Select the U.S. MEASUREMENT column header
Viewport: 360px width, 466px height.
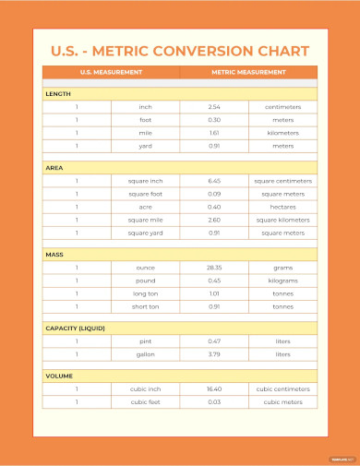coord(111,72)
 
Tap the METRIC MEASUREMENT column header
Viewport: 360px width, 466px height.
coord(247,72)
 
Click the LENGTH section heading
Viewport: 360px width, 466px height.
coord(58,93)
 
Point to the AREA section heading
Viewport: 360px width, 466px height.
coord(54,167)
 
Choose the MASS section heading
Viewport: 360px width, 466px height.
coord(55,254)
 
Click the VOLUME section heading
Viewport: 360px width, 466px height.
coord(60,376)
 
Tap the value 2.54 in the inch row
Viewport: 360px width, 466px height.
coord(214,107)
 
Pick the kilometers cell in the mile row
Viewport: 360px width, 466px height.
coord(282,133)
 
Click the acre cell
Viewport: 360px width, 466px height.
coord(145,207)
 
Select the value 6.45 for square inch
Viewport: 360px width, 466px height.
coord(214,181)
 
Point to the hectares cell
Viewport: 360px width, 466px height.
coord(282,207)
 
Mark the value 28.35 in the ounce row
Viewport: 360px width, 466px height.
coord(214,268)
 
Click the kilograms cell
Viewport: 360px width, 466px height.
coord(282,281)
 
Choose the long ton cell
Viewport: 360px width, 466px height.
coord(145,293)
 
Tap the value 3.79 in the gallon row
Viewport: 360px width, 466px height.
coord(214,354)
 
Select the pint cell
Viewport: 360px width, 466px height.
coord(145,341)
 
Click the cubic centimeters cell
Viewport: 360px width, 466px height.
coord(282,389)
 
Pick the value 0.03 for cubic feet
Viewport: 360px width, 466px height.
coord(214,402)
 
